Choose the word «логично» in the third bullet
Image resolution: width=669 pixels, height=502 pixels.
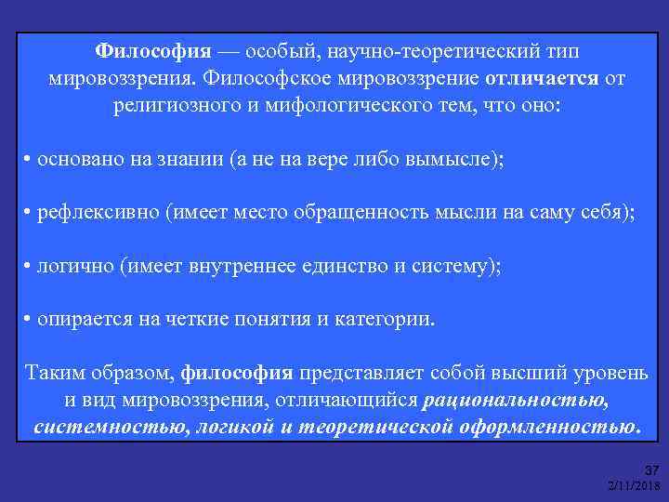click(x=75, y=267)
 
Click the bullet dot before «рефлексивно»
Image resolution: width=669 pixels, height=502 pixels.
click(x=28, y=213)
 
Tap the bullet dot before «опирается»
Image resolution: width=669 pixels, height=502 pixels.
click(x=28, y=321)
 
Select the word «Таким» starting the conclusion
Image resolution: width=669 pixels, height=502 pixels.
click(x=53, y=374)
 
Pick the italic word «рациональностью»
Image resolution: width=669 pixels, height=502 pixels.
click(x=516, y=401)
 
